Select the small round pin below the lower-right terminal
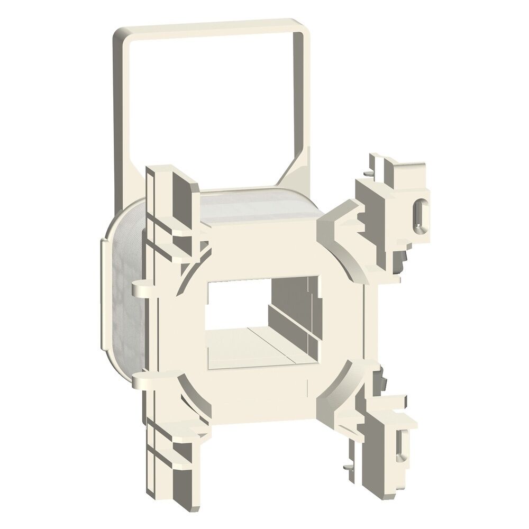345,467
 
